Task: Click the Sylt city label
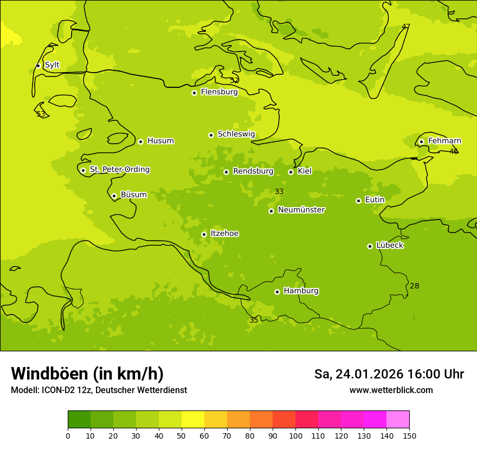tap(52, 65)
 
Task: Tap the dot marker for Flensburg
tap(194, 93)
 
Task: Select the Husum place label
tap(160, 141)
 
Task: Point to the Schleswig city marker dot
tap(211, 135)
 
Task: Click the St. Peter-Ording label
tap(120, 170)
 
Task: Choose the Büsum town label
tap(133, 195)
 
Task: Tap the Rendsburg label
tap(253, 171)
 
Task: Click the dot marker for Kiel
tap(291, 172)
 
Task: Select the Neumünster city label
tap(301, 210)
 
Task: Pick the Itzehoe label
tap(224, 234)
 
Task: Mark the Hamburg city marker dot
tap(277, 292)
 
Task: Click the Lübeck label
tap(390, 245)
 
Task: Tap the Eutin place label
tap(375, 200)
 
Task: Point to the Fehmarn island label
tap(444, 141)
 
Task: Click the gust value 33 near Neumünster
tap(279, 192)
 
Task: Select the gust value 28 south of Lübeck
tap(414, 286)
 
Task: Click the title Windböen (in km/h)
tap(87, 374)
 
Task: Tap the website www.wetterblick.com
tap(391, 390)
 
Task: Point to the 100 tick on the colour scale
tap(295, 435)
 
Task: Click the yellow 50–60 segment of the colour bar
tap(193, 420)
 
